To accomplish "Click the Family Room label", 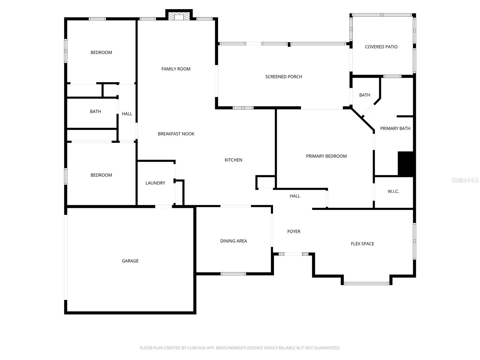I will [176, 69].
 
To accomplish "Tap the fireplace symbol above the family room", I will [179, 16].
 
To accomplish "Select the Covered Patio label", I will [381, 47].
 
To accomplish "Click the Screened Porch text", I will [283, 77].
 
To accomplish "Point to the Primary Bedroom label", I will [326, 156].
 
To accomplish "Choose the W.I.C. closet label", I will [393, 191].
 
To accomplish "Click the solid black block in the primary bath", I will [406, 163].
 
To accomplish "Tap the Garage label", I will [130, 261].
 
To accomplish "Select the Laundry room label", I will [155, 183].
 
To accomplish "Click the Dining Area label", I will [233, 241].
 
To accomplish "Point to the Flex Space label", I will [362, 244].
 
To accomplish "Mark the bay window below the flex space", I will [366, 283].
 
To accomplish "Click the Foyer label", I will [294, 231].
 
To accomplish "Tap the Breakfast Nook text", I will [176, 134].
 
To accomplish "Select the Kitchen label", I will [233, 160].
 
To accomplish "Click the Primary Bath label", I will [395, 128].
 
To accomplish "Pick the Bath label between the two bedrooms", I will [95, 112].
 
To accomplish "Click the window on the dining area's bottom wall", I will [233, 274].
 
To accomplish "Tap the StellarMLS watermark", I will [465, 180].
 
